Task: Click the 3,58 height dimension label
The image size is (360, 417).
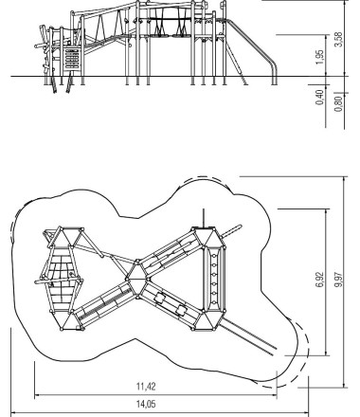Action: click(338, 40)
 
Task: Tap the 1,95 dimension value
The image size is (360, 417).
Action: click(319, 58)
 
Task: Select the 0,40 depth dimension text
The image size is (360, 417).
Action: click(319, 98)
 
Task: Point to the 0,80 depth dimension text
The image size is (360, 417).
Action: click(338, 104)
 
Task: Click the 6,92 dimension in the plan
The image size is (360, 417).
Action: click(319, 280)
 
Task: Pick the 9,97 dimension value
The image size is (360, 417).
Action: click(338, 280)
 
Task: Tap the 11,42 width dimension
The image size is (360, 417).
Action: click(146, 386)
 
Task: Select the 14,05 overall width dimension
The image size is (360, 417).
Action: click(146, 404)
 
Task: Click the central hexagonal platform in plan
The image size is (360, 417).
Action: click(137, 279)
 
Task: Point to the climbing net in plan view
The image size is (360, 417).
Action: click(61, 278)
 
